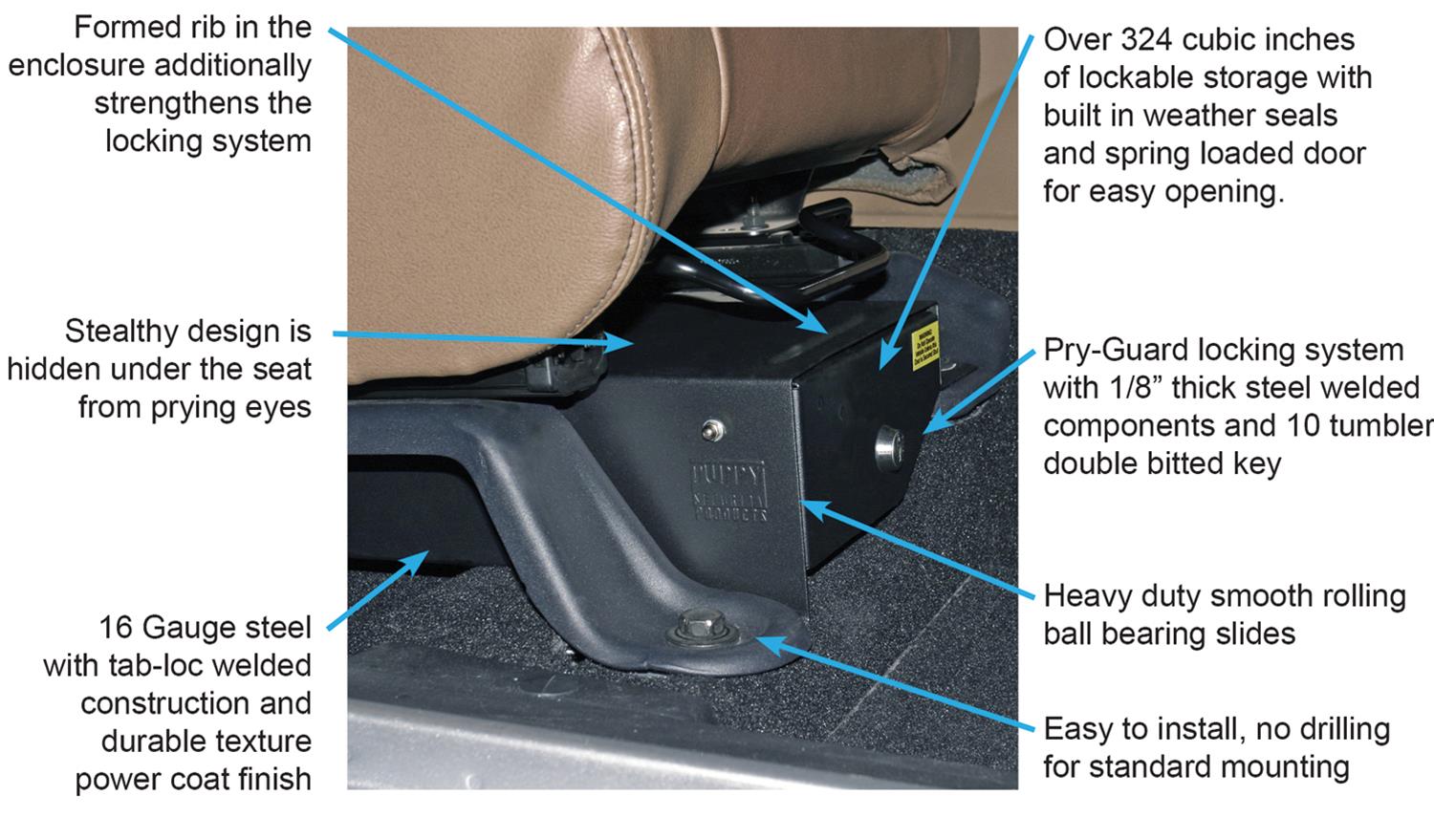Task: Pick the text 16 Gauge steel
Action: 206,628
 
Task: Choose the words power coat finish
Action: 194,779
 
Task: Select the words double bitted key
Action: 1162,464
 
